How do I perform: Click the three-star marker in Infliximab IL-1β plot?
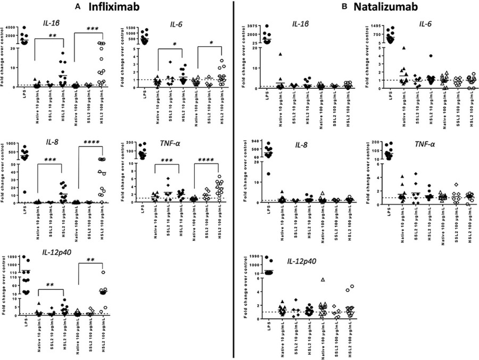click(x=92, y=28)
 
